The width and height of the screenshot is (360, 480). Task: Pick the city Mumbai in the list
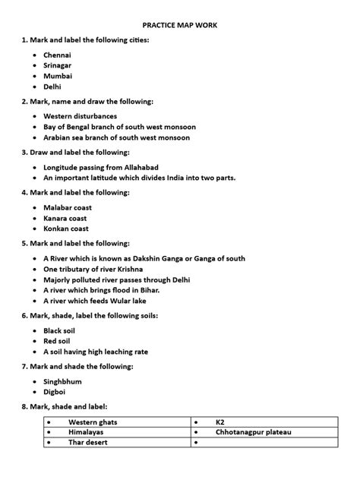(58, 76)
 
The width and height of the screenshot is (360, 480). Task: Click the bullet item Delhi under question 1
(53, 87)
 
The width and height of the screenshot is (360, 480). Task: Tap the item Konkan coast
(67, 228)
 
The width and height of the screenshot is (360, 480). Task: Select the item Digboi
(55, 392)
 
